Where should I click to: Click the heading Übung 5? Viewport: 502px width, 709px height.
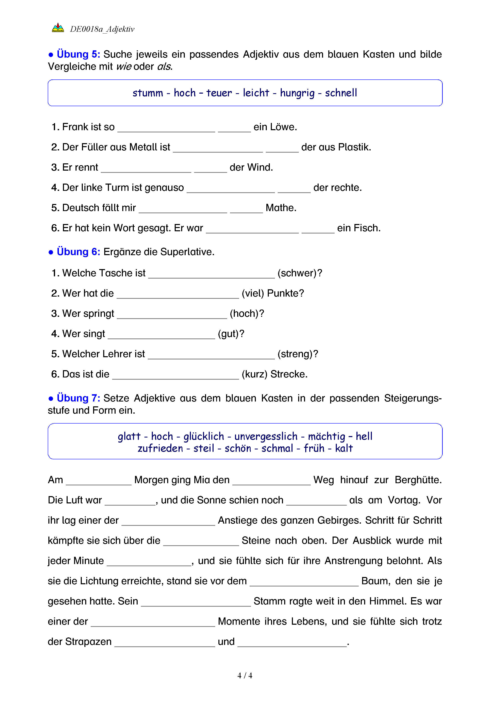pyautogui.click(x=78, y=54)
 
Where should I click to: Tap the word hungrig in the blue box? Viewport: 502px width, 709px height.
pyautogui.click(x=297, y=93)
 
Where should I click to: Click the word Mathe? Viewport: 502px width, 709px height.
pyautogui.click(x=281, y=208)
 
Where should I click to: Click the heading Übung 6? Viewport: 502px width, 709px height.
pyautogui.click(x=78, y=252)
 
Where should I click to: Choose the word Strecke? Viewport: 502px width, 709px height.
pyautogui.click(x=289, y=374)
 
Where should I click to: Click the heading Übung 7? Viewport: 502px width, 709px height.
pyautogui.click(x=78, y=398)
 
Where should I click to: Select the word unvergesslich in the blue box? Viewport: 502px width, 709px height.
pyautogui.click(x=266, y=436)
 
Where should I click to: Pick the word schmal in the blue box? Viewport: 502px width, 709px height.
pyautogui.click(x=277, y=448)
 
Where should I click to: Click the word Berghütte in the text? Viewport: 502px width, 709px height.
pyautogui.click(x=418, y=480)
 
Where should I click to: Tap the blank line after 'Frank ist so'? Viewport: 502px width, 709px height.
pyautogui.click(x=166, y=129)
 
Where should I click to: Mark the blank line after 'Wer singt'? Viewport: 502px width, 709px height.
pyautogui.click(x=161, y=336)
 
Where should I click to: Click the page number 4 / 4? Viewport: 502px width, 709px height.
pyautogui.click(x=245, y=676)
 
